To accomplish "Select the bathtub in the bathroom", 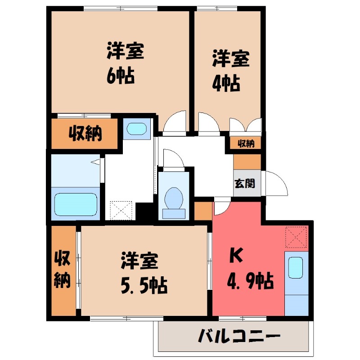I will click(x=75, y=204).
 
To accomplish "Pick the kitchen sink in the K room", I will click(x=296, y=268).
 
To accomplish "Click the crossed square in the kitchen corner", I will click(x=296, y=238).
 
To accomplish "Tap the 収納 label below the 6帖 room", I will click(x=85, y=134).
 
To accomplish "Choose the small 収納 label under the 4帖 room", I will click(x=246, y=144).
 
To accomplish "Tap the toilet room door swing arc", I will click(x=173, y=158).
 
